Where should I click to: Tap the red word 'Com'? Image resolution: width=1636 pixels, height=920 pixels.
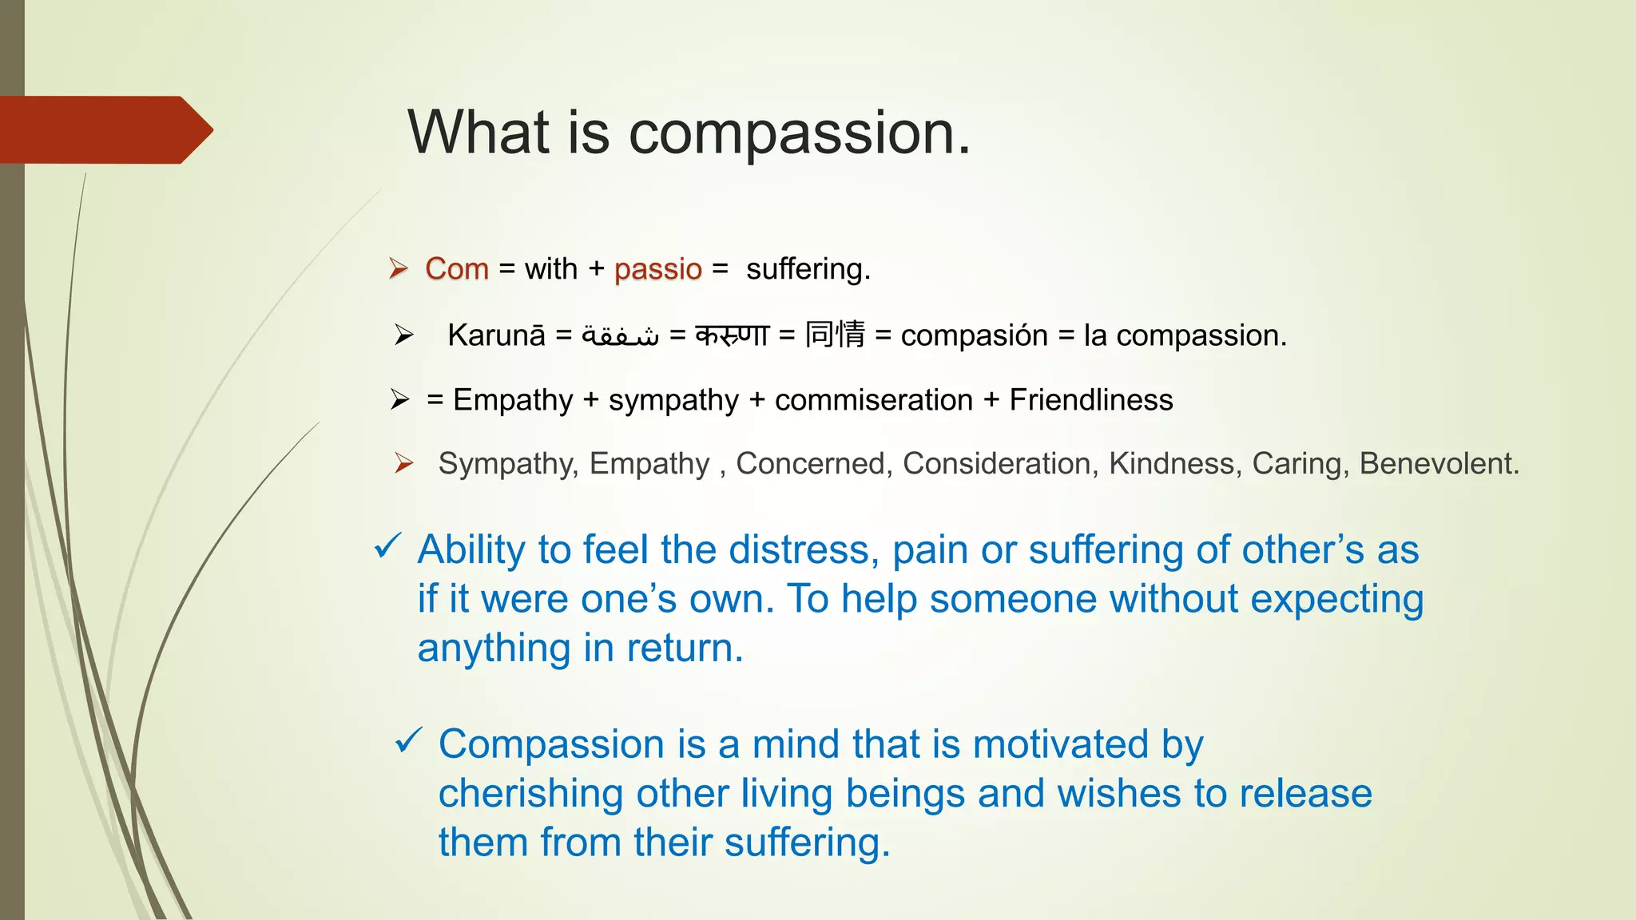pyautogui.click(x=456, y=269)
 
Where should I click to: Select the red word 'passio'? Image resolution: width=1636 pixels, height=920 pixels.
pyautogui.click(x=657, y=269)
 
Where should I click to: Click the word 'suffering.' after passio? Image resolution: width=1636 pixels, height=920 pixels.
pyautogui.click(x=808, y=269)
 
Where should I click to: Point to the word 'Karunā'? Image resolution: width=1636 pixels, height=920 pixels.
pyautogui.click(x=496, y=335)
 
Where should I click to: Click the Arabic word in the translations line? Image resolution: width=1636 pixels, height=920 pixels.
pyautogui.click(x=621, y=335)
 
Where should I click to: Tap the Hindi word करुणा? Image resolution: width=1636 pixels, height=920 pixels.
pyautogui.click(x=732, y=335)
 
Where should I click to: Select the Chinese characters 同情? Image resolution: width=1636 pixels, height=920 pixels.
pyautogui.click(x=835, y=335)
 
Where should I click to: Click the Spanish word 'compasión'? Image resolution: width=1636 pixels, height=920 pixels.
pyautogui.click(x=974, y=335)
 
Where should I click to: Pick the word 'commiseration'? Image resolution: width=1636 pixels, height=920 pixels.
pyautogui.click(x=873, y=400)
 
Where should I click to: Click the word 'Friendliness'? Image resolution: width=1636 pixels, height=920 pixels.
pyautogui.click(x=1090, y=400)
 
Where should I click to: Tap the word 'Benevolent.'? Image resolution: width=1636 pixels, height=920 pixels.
pyautogui.click(x=1439, y=464)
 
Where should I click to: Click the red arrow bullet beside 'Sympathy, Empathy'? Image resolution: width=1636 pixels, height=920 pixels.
pyautogui.click(x=403, y=463)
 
